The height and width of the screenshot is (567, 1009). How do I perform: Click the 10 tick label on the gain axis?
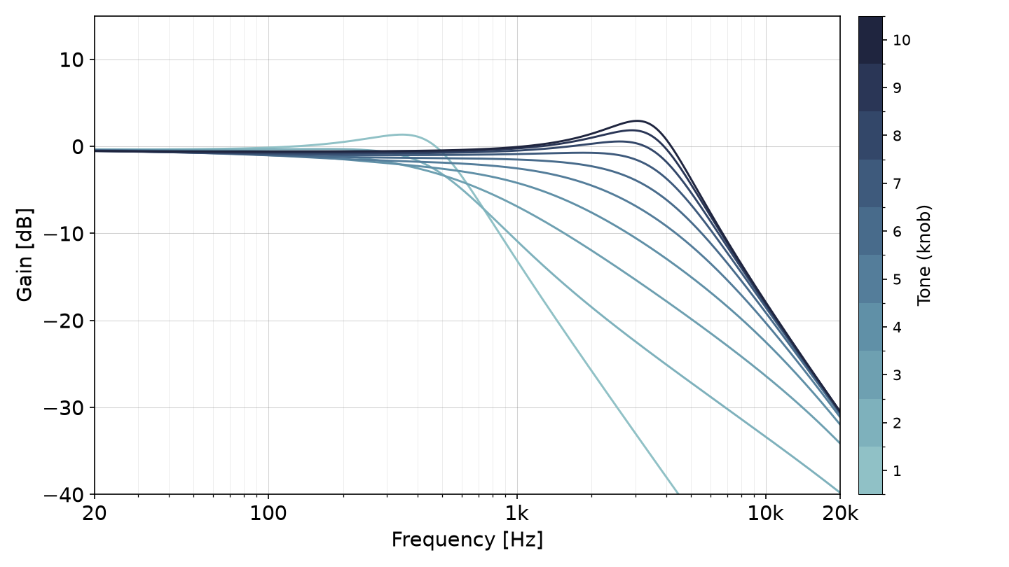(71, 60)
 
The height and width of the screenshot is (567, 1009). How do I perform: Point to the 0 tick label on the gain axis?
(78, 147)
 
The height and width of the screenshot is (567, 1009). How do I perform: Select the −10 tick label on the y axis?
(64, 234)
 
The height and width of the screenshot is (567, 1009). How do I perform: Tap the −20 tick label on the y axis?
(64, 321)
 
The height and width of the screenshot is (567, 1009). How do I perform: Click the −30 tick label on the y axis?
(64, 408)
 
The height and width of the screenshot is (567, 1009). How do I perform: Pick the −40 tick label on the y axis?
(64, 495)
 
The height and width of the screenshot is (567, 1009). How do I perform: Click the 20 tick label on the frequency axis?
(95, 514)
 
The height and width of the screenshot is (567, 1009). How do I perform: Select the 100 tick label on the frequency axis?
(268, 514)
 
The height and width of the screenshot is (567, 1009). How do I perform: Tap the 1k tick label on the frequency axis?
(517, 514)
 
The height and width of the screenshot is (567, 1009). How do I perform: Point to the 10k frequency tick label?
(766, 514)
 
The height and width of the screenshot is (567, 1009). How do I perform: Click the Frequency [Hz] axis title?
(467, 540)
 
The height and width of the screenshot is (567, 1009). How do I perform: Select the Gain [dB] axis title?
(25, 255)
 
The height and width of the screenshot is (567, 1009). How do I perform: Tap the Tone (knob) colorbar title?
(924, 255)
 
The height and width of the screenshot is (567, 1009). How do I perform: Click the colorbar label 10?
(902, 41)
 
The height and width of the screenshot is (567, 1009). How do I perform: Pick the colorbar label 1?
(897, 471)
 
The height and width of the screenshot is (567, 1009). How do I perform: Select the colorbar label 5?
(897, 279)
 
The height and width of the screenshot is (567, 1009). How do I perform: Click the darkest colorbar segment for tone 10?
(871, 40)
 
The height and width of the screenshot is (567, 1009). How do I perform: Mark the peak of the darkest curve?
(637, 120)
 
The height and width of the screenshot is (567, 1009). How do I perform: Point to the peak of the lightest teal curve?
(401, 134)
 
